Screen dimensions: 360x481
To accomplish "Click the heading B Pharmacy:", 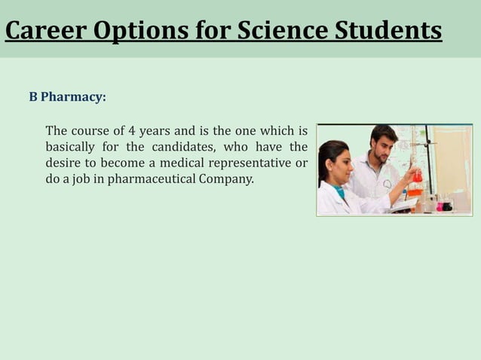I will click(68, 97).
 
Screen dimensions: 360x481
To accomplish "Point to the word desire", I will click(64, 163).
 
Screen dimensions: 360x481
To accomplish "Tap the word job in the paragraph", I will click(81, 180).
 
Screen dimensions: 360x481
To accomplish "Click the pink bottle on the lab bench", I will click(447, 205).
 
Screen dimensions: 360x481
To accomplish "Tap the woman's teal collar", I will click(340, 193).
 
